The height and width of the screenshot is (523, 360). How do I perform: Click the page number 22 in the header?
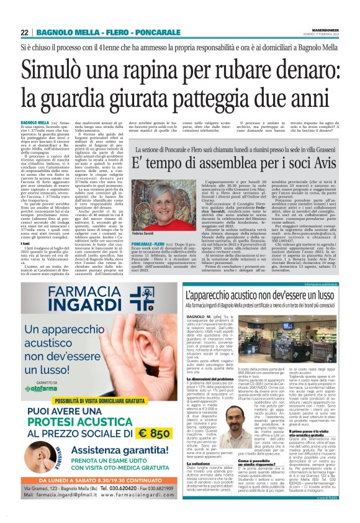coord(24,33)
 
